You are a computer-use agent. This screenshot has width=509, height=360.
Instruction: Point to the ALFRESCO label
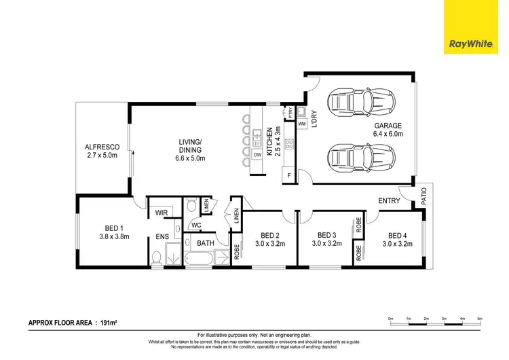[x=102, y=147]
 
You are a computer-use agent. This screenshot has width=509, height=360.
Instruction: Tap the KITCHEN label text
[x=269, y=141]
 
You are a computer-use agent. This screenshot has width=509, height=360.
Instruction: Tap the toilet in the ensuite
[x=157, y=257]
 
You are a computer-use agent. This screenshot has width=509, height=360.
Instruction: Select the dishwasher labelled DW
[x=257, y=155]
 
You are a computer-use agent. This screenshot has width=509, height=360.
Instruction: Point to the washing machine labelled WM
[x=301, y=123]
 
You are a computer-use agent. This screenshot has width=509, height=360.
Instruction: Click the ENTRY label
[x=389, y=200]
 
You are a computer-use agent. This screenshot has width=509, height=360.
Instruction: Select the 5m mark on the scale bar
[x=479, y=319]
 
